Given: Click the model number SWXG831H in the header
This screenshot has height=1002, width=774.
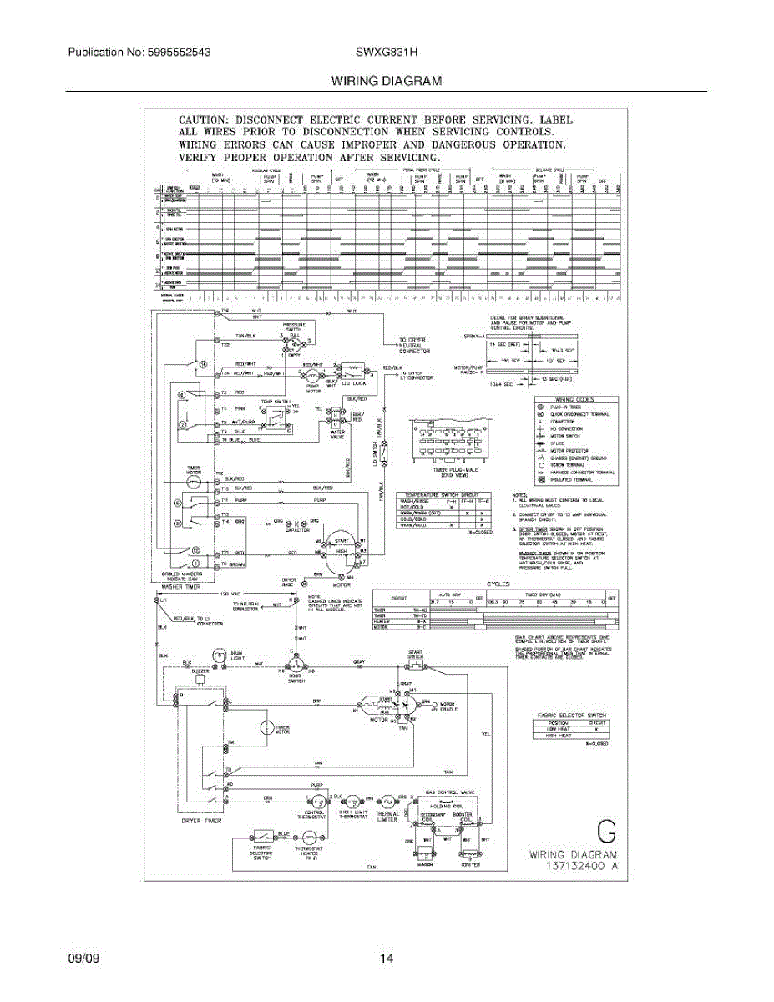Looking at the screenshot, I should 387,52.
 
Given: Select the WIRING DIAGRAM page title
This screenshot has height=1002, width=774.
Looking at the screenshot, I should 386,82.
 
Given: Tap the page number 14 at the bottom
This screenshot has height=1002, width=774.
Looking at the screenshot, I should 386,959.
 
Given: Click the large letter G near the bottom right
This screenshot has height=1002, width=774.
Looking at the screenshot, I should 607,832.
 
